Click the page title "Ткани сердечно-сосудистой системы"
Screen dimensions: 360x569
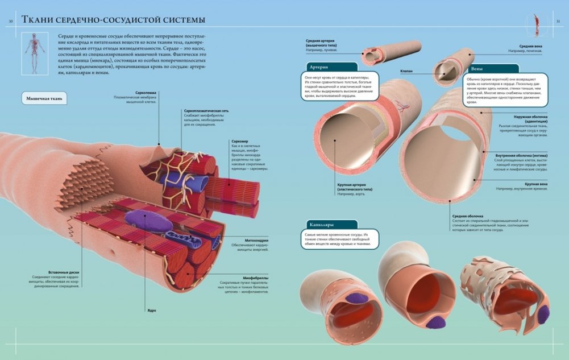(113, 20)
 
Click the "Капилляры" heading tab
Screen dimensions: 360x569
(322, 224)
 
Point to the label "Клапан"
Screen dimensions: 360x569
(406, 71)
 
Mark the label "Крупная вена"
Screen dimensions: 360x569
(535, 184)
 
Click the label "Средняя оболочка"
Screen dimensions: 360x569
(467, 216)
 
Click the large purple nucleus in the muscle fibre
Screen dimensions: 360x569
(149, 220)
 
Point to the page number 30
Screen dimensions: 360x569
(10, 22)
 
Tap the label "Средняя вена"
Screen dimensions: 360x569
(533, 46)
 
